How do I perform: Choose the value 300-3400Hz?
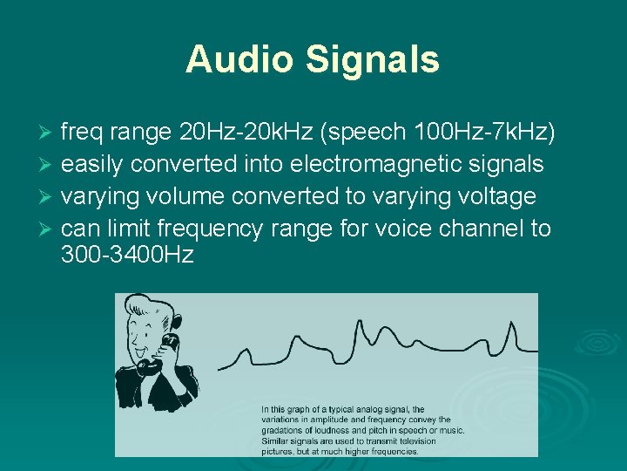point(127,255)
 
